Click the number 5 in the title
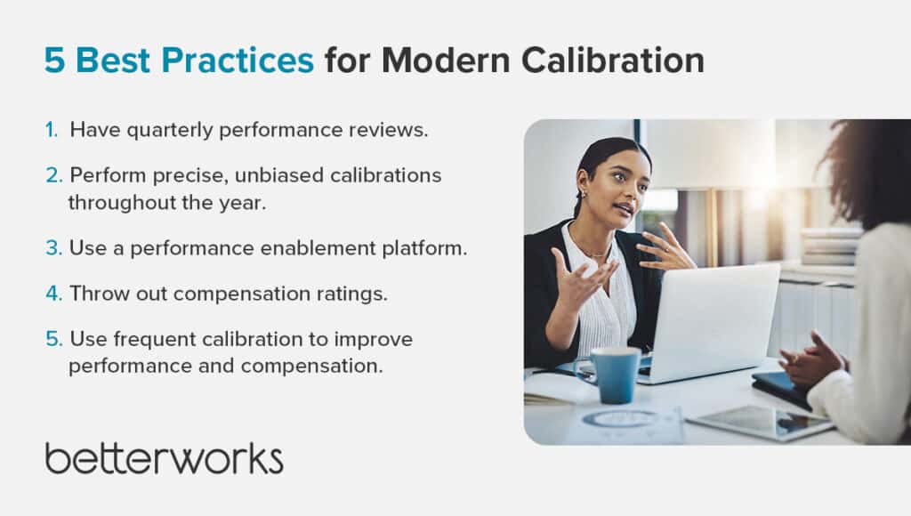(54, 60)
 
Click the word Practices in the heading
(238, 60)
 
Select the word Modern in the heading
(446, 60)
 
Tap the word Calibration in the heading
(612, 60)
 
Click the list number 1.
(52, 130)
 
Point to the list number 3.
(53, 248)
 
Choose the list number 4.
(53, 294)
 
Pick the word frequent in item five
(155, 339)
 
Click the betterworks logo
(165, 458)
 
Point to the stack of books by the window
(829, 246)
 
